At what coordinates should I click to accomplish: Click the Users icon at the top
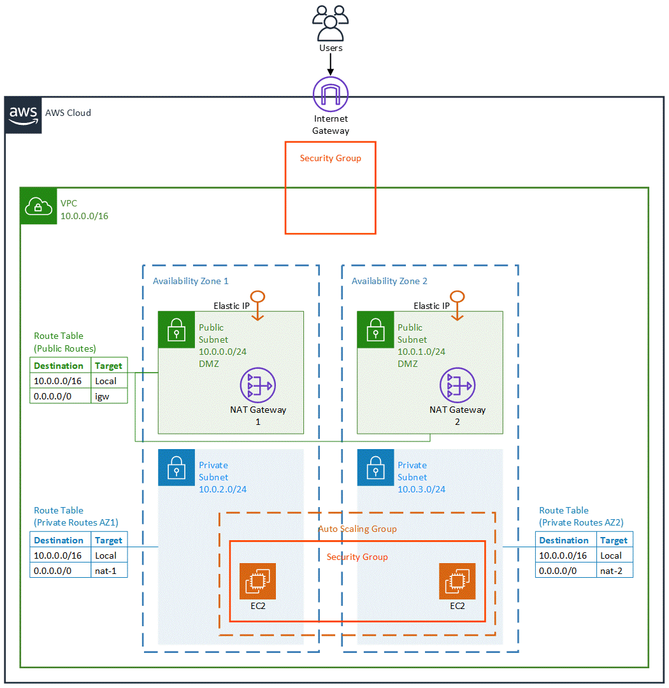pos(331,23)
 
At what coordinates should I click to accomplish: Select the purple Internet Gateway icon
pos(331,94)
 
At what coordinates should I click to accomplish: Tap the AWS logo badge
pos(24,115)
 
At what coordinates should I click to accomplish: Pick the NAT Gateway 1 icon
pos(257,385)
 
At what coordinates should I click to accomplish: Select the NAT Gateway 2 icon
pos(457,385)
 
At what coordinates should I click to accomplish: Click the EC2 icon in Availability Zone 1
pos(257,581)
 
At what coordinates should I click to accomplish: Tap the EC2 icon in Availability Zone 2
pos(457,581)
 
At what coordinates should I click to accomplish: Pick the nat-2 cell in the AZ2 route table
pos(614,571)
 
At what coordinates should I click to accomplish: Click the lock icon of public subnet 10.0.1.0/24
pos(375,329)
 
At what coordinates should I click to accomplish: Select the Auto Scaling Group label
pos(357,529)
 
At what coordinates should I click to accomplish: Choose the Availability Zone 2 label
pos(389,281)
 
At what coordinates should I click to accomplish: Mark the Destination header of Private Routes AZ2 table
pos(564,540)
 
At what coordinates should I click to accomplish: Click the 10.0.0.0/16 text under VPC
pos(84,216)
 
